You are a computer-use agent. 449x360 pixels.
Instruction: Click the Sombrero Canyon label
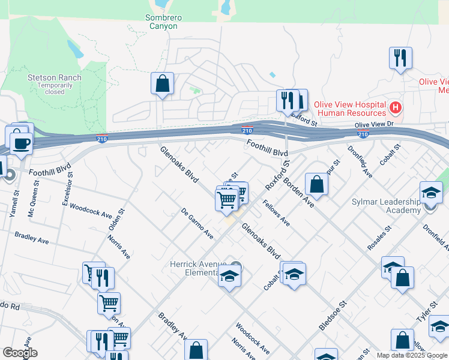click(x=162, y=22)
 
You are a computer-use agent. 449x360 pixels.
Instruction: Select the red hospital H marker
click(x=395, y=108)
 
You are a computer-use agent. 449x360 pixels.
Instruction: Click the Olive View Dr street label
click(x=373, y=125)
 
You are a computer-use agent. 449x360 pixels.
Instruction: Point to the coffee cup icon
click(x=22, y=144)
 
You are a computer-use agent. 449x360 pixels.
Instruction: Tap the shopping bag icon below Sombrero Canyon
click(x=162, y=84)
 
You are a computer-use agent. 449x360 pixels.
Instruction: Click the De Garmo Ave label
click(x=197, y=223)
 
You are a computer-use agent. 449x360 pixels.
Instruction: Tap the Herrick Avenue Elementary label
click(x=197, y=268)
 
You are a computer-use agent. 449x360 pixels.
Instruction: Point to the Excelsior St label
click(x=67, y=190)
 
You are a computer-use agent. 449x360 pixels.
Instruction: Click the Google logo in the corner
click(x=20, y=353)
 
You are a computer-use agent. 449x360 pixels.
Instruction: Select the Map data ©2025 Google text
click(x=412, y=355)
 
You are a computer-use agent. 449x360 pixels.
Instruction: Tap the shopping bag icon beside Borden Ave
click(x=316, y=184)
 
